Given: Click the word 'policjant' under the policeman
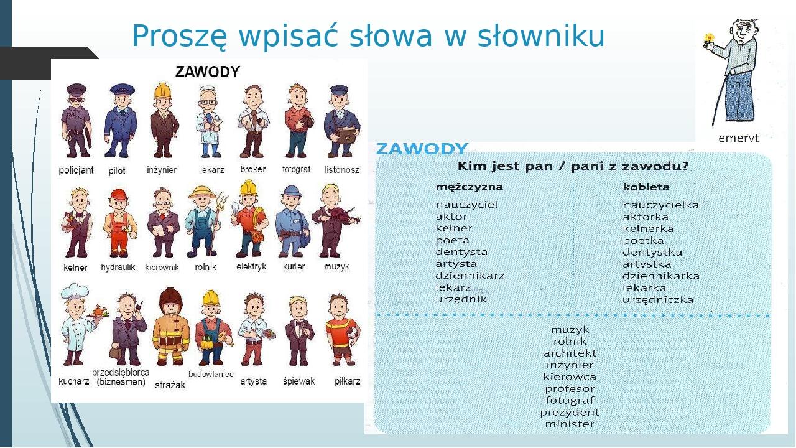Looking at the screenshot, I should (x=76, y=170).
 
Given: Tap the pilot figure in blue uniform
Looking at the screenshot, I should (x=119, y=122).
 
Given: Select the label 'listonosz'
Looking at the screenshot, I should (x=342, y=170).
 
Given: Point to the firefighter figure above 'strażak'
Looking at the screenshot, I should (x=170, y=327).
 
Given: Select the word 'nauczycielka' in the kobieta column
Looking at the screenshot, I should (x=660, y=205).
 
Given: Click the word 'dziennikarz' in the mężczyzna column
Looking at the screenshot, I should (x=470, y=276).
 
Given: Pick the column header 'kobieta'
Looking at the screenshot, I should (x=646, y=187).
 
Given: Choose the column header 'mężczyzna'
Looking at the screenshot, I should (x=469, y=187).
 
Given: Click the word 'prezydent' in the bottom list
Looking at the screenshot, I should (x=569, y=412).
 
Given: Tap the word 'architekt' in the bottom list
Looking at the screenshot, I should (x=569, y=353).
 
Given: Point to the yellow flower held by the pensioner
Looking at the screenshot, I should (x=709, y=39).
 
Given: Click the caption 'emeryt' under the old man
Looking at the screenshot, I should (x=738, y=138).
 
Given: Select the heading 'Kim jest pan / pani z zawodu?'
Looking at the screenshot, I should (x=573, y=167).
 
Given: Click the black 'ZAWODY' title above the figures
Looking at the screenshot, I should (x=207, y=72).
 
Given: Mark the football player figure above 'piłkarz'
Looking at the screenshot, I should (x=341, y=330).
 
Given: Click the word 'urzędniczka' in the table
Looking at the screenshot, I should (x=657, y=299).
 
